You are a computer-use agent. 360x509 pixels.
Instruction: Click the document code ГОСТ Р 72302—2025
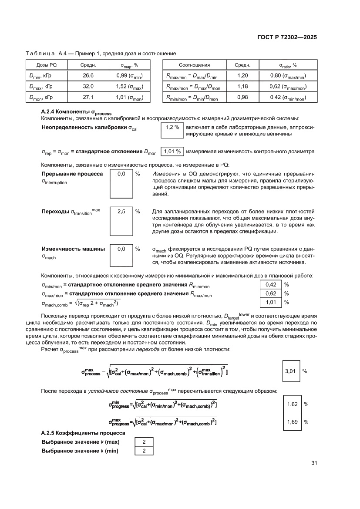tap(284, 37)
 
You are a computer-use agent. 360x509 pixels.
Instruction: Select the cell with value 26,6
tap(88, 75)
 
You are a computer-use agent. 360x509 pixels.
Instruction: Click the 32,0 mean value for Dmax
tap(88, 87)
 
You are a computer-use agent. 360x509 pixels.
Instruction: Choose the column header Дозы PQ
tap(46, 65)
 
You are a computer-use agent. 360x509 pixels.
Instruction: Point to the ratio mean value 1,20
tap(242, 75)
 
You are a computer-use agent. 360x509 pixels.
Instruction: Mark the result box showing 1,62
tap(293, 404)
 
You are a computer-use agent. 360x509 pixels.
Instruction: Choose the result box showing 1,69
tap(293, 421)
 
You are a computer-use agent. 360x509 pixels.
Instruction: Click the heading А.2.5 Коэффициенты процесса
tap(83, 433)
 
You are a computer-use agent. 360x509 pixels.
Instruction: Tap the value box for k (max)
tap(144, 442)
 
